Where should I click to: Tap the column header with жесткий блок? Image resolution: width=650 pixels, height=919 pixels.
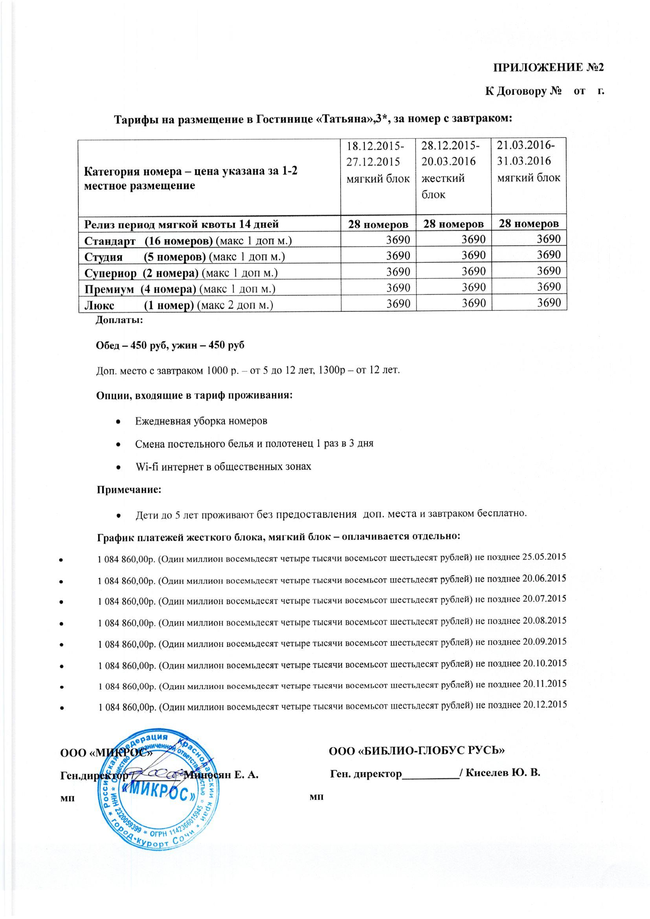pos(453,170)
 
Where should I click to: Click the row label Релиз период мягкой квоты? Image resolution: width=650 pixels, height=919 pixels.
pos(181,224)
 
